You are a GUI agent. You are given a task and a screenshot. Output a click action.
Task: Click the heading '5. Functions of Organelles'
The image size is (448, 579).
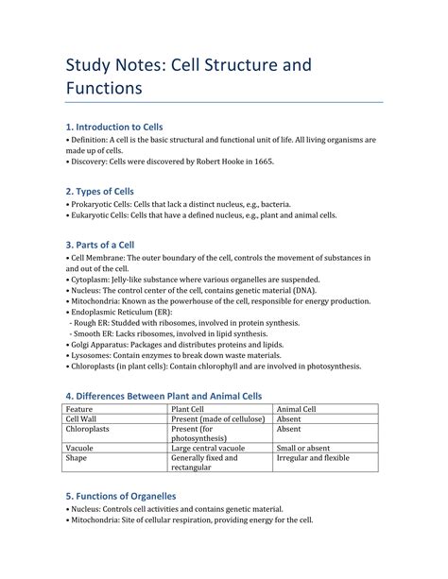pos(120,495)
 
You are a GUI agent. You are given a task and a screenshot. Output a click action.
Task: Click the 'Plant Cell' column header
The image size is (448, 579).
pos(189,408)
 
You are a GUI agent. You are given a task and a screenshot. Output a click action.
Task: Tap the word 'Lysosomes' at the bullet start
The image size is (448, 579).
pos(92,357)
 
